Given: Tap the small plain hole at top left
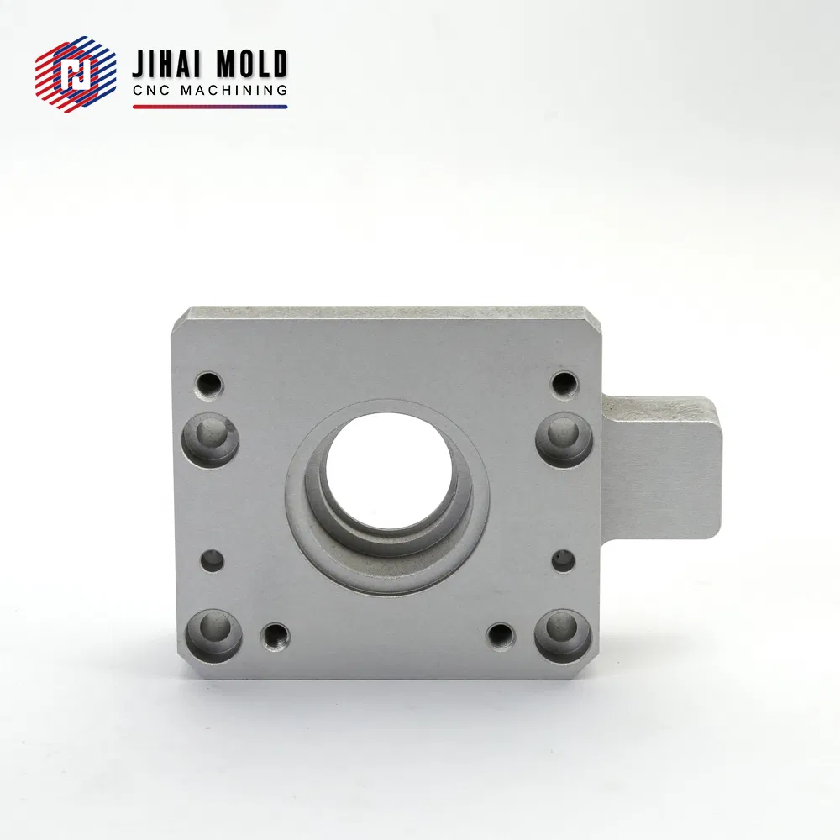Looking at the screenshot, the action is point(207,385).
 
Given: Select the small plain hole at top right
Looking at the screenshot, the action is point(564,384).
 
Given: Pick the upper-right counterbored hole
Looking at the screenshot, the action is point(564,441).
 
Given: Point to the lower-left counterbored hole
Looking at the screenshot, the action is point(213,635).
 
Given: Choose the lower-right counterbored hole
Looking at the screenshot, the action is point(563,635).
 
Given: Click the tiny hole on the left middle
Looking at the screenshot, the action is point(213,560).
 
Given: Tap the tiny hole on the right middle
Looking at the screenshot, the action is point(563,560).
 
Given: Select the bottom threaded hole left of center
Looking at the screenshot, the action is point(275,637).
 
